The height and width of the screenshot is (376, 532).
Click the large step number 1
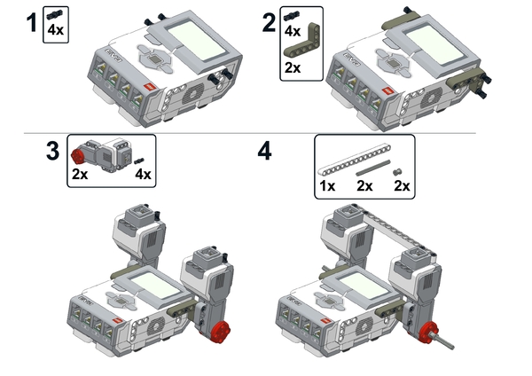coord(32,22)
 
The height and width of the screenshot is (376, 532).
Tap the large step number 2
coord(270,23)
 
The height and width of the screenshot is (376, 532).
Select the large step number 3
coord(52,151)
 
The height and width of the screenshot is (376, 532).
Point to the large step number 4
coord(264,152)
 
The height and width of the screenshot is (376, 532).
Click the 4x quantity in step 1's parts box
coord(55,30)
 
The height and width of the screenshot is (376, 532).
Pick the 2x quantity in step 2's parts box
coord(293,67)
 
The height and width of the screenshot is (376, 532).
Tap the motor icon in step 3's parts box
coord(102,154)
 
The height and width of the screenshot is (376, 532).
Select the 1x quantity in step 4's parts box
coord(327,185)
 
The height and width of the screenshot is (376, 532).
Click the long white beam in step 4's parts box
coord(354,159)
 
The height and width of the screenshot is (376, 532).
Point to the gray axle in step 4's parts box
coord(373,168)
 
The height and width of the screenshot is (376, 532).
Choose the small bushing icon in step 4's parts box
coord(397,172)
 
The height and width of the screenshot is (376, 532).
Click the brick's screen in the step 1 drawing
coord(197,41)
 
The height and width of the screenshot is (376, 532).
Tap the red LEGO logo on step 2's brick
coord(387,92)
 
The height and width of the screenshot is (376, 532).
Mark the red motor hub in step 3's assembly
coord(218,331)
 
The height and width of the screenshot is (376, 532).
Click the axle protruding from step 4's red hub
coord(442,341)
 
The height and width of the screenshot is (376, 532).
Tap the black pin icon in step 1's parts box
coord(55,14)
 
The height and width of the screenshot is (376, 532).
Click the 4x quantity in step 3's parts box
coord(143,174)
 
